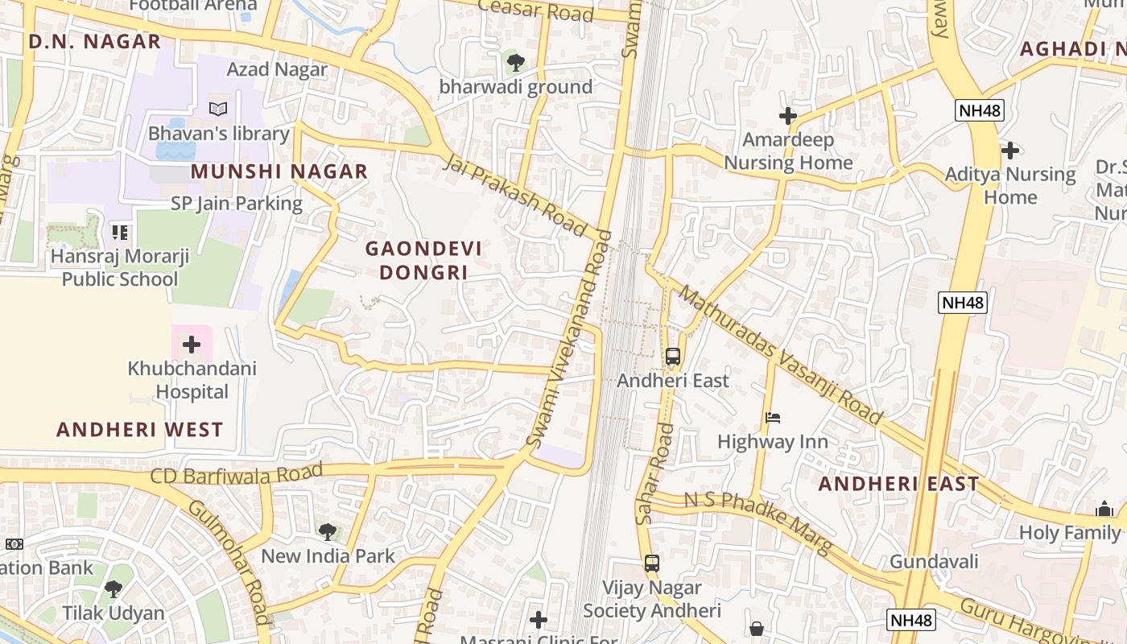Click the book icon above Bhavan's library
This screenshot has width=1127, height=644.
coord(218,109)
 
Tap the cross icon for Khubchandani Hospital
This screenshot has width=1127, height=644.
coord(192,345)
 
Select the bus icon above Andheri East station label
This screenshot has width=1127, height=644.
coord(673,356)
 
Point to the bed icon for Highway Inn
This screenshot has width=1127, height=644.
coord(773,417)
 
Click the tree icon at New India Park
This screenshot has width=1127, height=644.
coord(327,531)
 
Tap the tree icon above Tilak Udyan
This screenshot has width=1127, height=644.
coord(114,589)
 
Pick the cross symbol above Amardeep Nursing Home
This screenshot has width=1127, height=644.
coord(787,116)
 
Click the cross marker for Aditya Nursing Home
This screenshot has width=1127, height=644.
coord(1009,150)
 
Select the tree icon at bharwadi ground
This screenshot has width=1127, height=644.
coord(515,61)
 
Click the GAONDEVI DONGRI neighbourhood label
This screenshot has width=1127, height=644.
coord(423,260)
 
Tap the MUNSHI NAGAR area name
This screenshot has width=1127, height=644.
coord(279,171)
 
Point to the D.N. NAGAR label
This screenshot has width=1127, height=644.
coord(95,42)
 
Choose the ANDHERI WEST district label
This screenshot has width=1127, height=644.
coord(140,429)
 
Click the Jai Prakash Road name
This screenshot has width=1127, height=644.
coord(515,196)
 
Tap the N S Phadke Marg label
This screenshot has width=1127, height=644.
coord(758,522)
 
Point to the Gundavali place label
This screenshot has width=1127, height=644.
coord(934,561)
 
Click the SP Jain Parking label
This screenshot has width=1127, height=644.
coord(237,204)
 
